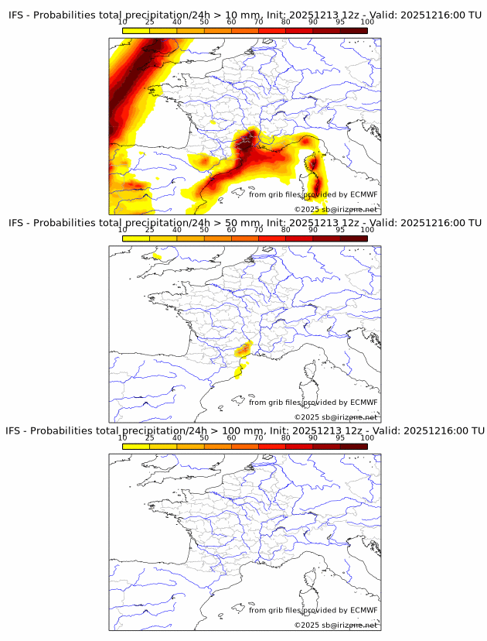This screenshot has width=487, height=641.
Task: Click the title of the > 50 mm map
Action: pos(244,223)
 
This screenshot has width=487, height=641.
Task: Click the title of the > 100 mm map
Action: pos(244,430)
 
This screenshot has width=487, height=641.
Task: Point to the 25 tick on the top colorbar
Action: pos(150,22)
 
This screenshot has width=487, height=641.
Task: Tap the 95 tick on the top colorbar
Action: pos(340,22)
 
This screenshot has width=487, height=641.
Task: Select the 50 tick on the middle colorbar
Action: pos(204,229)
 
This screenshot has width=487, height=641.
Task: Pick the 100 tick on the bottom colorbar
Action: pos(367,437)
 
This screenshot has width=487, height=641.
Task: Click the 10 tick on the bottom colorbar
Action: pos(123,437)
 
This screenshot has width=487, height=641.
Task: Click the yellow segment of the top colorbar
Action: pos(136,30)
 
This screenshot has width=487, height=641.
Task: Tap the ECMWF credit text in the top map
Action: pos(313,194)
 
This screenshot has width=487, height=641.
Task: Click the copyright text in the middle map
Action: pos(335,417)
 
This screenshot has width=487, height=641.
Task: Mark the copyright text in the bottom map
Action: pos(335,625)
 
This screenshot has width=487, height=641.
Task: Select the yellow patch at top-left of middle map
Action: pos(157,255)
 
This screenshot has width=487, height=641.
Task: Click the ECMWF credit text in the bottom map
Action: pos(313,610)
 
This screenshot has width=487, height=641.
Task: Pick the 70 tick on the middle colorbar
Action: pos(258,229)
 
